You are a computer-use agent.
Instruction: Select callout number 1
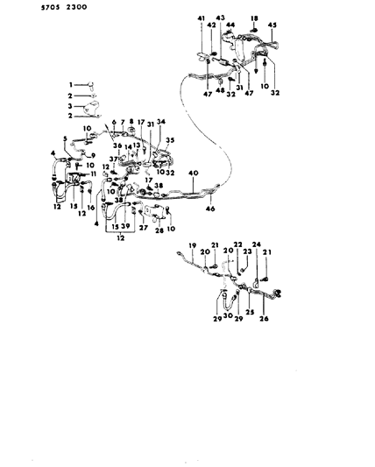pyautogui.click(x=71, y=83)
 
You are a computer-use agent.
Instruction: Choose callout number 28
pyautogui.click(x=159, y=231)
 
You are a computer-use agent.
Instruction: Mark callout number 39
pyautogui.click(x=128, y=225)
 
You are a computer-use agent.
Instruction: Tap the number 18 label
pyautogui.click(x=255, y=18)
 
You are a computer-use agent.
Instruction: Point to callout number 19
pyautogui.click(x=192, y=246)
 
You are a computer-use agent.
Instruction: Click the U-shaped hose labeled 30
pyautogui.click(x=227, y=302)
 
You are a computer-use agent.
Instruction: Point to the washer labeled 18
pyautogui.click(x=255, y=28)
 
